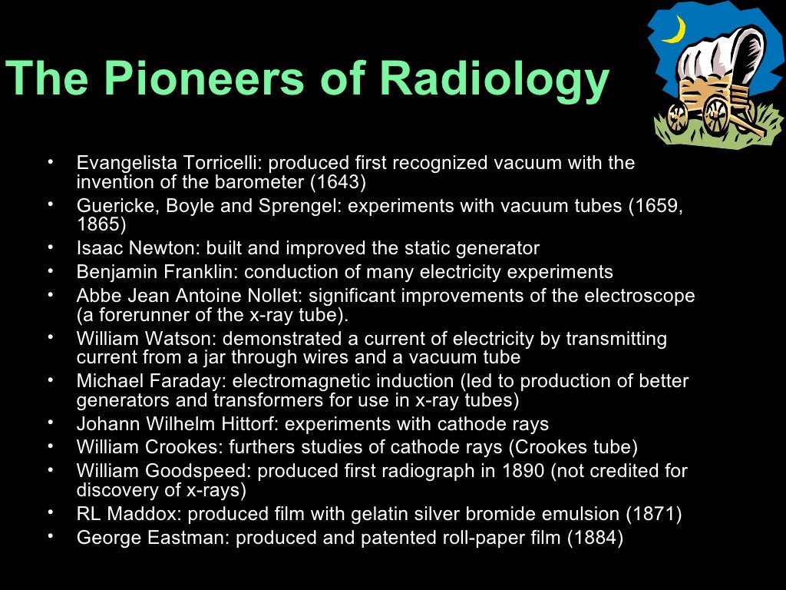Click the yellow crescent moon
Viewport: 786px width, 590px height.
pyautogui.click(x=675, y=30)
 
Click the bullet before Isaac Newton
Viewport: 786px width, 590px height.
pyautogui.click(x=50, y=248)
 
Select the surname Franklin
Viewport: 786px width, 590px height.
pyautogui.click(x=208, y=272)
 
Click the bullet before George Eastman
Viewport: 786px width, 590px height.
pyautogui.click(x=50, y=537)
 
